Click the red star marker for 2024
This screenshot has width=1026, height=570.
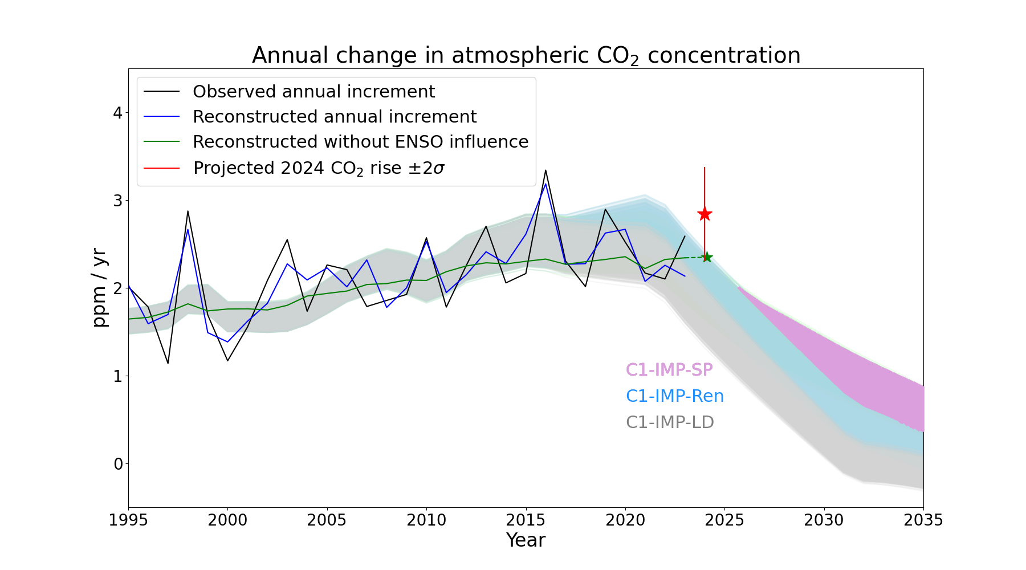[705, 214]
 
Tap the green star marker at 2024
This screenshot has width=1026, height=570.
[707, 257]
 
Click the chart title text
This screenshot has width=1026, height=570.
[526, 56]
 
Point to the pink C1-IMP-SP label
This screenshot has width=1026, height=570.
[669, 370]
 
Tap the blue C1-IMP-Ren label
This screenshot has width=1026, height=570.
[675, 396]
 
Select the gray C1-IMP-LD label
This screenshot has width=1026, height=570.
[670, 422]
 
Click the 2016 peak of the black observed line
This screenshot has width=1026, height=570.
[545, 170]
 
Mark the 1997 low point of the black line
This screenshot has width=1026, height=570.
[168, 363]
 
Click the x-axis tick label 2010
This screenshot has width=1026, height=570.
[426, 520]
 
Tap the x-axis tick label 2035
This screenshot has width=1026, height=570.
[923, 520]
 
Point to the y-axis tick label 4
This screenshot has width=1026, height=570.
[118, 113]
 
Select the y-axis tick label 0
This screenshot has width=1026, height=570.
[118, 464]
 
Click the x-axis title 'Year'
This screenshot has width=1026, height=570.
[526, 540]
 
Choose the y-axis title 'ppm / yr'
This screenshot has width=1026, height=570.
[100, 288]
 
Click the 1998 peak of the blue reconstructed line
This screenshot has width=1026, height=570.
[188, 229]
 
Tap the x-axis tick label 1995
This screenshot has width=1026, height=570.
[128, 520]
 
